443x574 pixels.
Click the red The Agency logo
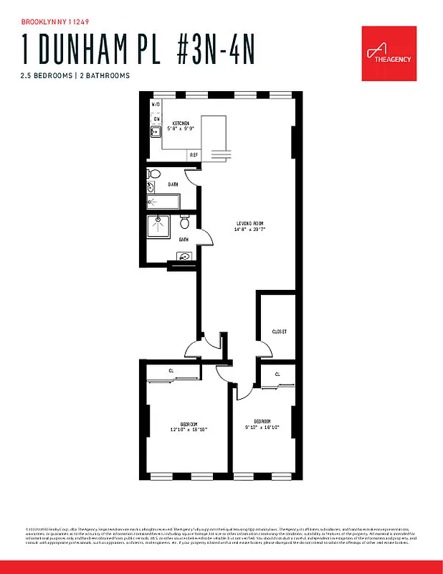(x=387, y=50)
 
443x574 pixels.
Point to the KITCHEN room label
(x=180, y=123)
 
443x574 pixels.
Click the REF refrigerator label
(x=194, y=154)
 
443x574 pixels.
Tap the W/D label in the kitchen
(x=156, y=105)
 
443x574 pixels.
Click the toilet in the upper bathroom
(x=153, y=174)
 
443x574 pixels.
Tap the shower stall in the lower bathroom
(x=159, y=227)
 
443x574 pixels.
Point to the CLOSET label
(x=279, y=331)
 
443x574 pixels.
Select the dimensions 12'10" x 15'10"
(x=188, y=428)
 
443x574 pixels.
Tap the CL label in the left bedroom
(x=171, y=371)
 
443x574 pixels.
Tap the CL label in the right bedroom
(x=277, y=375)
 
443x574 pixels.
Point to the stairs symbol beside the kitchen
(x=219, y=156)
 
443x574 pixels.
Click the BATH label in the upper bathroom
(x=173, y=184)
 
